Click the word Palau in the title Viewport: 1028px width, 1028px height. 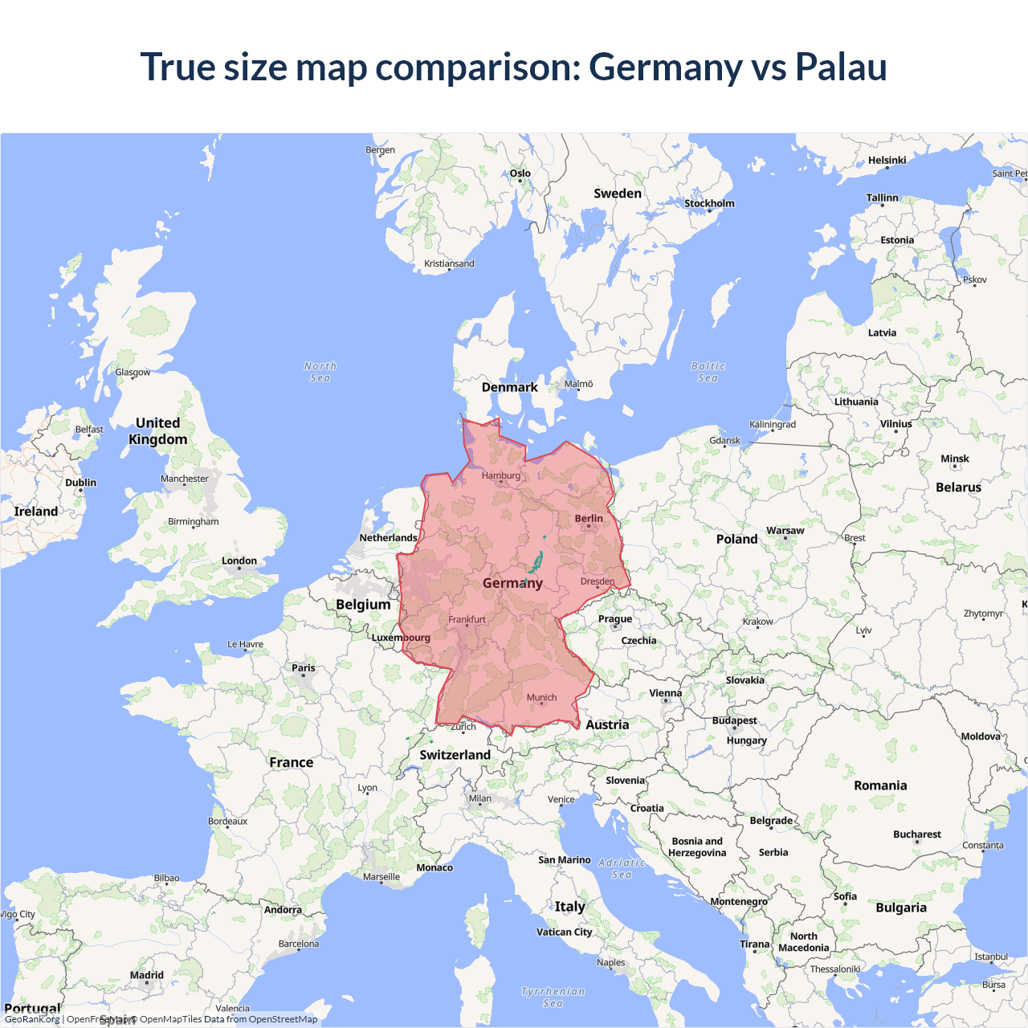point(841,67)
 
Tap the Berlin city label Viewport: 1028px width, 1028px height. point(589,518)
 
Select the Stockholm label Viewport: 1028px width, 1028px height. point(709,203)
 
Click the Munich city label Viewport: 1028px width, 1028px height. point(541,697)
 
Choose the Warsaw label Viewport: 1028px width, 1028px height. point(785,530)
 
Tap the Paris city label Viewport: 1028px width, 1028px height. point(304,667)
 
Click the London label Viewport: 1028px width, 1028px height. point(239,561)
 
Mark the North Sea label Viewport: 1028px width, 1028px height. point(320,372)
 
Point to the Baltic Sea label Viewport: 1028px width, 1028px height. point(708,372)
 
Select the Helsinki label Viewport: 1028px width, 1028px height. point(887,160)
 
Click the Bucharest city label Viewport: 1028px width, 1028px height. point(916,834)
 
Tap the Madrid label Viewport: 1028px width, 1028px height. point(147,975)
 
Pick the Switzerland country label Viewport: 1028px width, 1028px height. point(455,755)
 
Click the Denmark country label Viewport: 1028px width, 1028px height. point(509,387)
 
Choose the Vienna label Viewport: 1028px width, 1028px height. point(665,692)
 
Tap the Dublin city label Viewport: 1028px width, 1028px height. point(80,482)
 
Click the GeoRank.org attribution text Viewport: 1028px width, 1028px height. point(32,1019)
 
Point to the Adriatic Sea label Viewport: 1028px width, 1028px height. point(622,868)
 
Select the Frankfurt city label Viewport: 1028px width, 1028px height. point(467,619)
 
